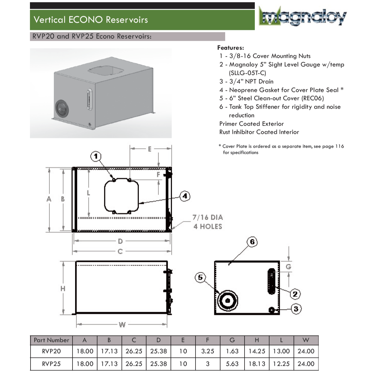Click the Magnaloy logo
point(302,17)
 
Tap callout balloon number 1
point(96,156)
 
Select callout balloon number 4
point(185,196)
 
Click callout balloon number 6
point(252,242)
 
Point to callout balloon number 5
point(200,277)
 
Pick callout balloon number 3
point(296,309)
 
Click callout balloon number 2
point(295,294)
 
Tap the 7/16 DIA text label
point(208,218)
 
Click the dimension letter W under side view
point(122,324)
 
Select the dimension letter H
point(63,289)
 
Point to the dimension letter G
point(288,267)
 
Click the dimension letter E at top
point(149,149)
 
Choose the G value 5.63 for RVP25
point(232,364)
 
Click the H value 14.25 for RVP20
point(257,351)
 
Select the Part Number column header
point(51,340)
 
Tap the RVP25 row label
point(51,364)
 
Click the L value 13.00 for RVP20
point(281,351)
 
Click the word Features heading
point(230,48)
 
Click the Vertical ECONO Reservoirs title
point(91,20)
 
